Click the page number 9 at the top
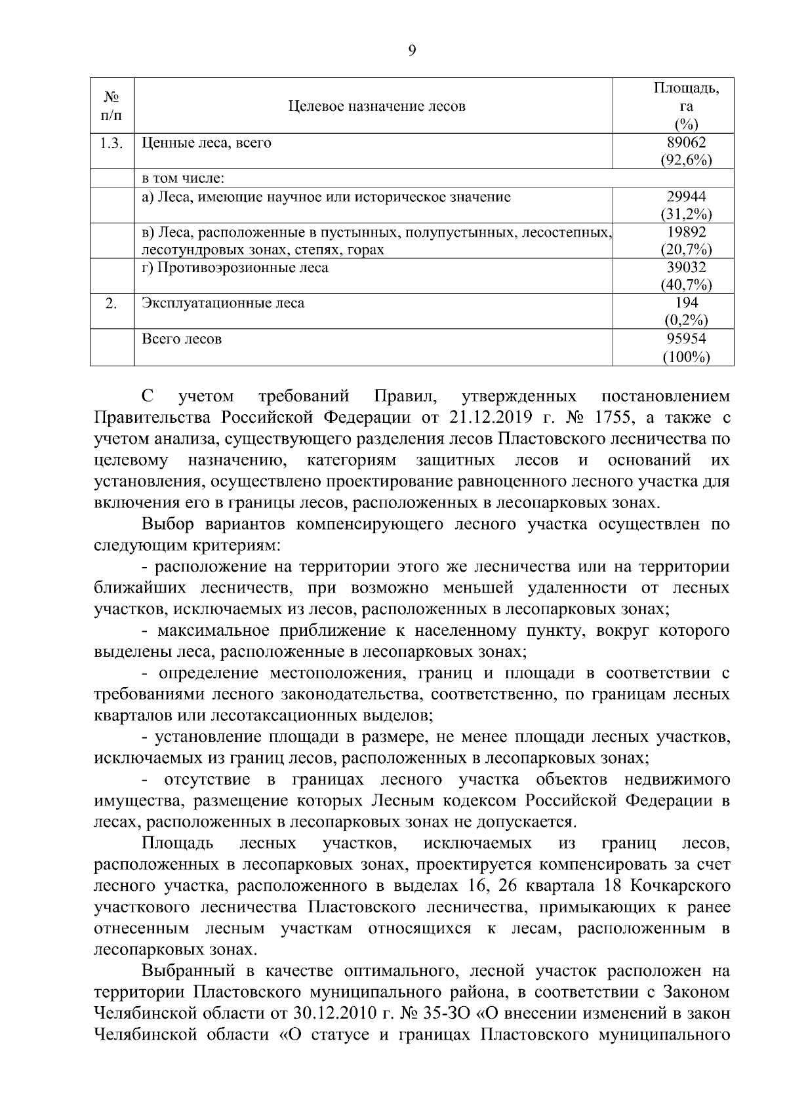[x=411, y=50]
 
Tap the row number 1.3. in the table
[x=111, y=143]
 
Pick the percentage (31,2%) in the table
[x=686, y=214]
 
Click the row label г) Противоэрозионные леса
[x=235, y=267]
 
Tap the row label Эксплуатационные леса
[x=223, y=303]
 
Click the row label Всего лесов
[x=182, y=339]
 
